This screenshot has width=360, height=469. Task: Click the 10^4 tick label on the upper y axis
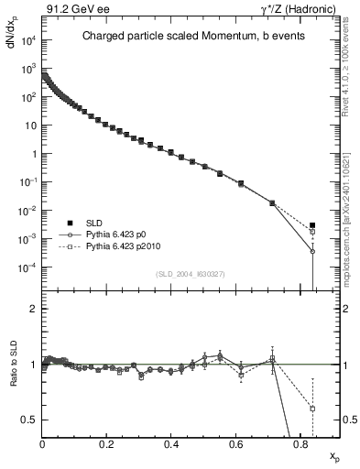(29, 40)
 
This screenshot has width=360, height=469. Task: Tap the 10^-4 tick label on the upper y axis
(27, 267)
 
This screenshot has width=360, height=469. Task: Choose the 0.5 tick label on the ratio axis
(31, 420)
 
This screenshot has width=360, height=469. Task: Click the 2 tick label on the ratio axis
(35, 309)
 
